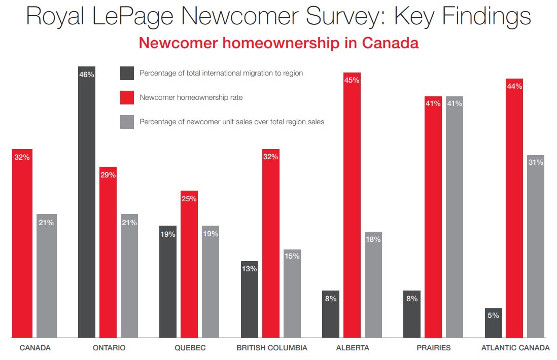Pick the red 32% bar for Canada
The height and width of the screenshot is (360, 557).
pyautogui.click(x=22, y=243)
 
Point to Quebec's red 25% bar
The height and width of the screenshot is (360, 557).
pyautogui.click(x=189, y=264)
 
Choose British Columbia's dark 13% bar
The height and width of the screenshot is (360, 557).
pyautogui.click(x=250, y=299)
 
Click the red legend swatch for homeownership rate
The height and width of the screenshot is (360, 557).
pyautogui.click(x=127, y=97)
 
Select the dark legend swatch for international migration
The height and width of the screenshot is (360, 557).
pyautogui.click(x=127, y=73)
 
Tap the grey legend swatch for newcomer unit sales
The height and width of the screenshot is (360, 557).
pyautogui.click(x=127, y=122)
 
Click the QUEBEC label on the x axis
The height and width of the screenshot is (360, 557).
pyautogui.click(x=190, y=348)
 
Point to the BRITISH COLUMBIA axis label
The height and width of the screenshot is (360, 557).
pyautogui.click(x=272, y=348)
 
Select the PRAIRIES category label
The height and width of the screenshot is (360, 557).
pyautogui.click(x=433, y=348)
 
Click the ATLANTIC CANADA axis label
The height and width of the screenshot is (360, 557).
pyautogui.click(x=515, y=348)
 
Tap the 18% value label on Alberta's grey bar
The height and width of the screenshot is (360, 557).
pyautogui.click(x=373, y=239)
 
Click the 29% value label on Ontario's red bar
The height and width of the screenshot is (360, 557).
pyautogui.click(x=108, y=175)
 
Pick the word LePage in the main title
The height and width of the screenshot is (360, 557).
pyautogui.click(x=148, y=16)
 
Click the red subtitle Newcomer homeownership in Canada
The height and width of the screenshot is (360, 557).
pyautogui.click(x=278, y=43)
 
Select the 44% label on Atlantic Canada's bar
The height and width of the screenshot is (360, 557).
pyautogui.click(x=514, y=86)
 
